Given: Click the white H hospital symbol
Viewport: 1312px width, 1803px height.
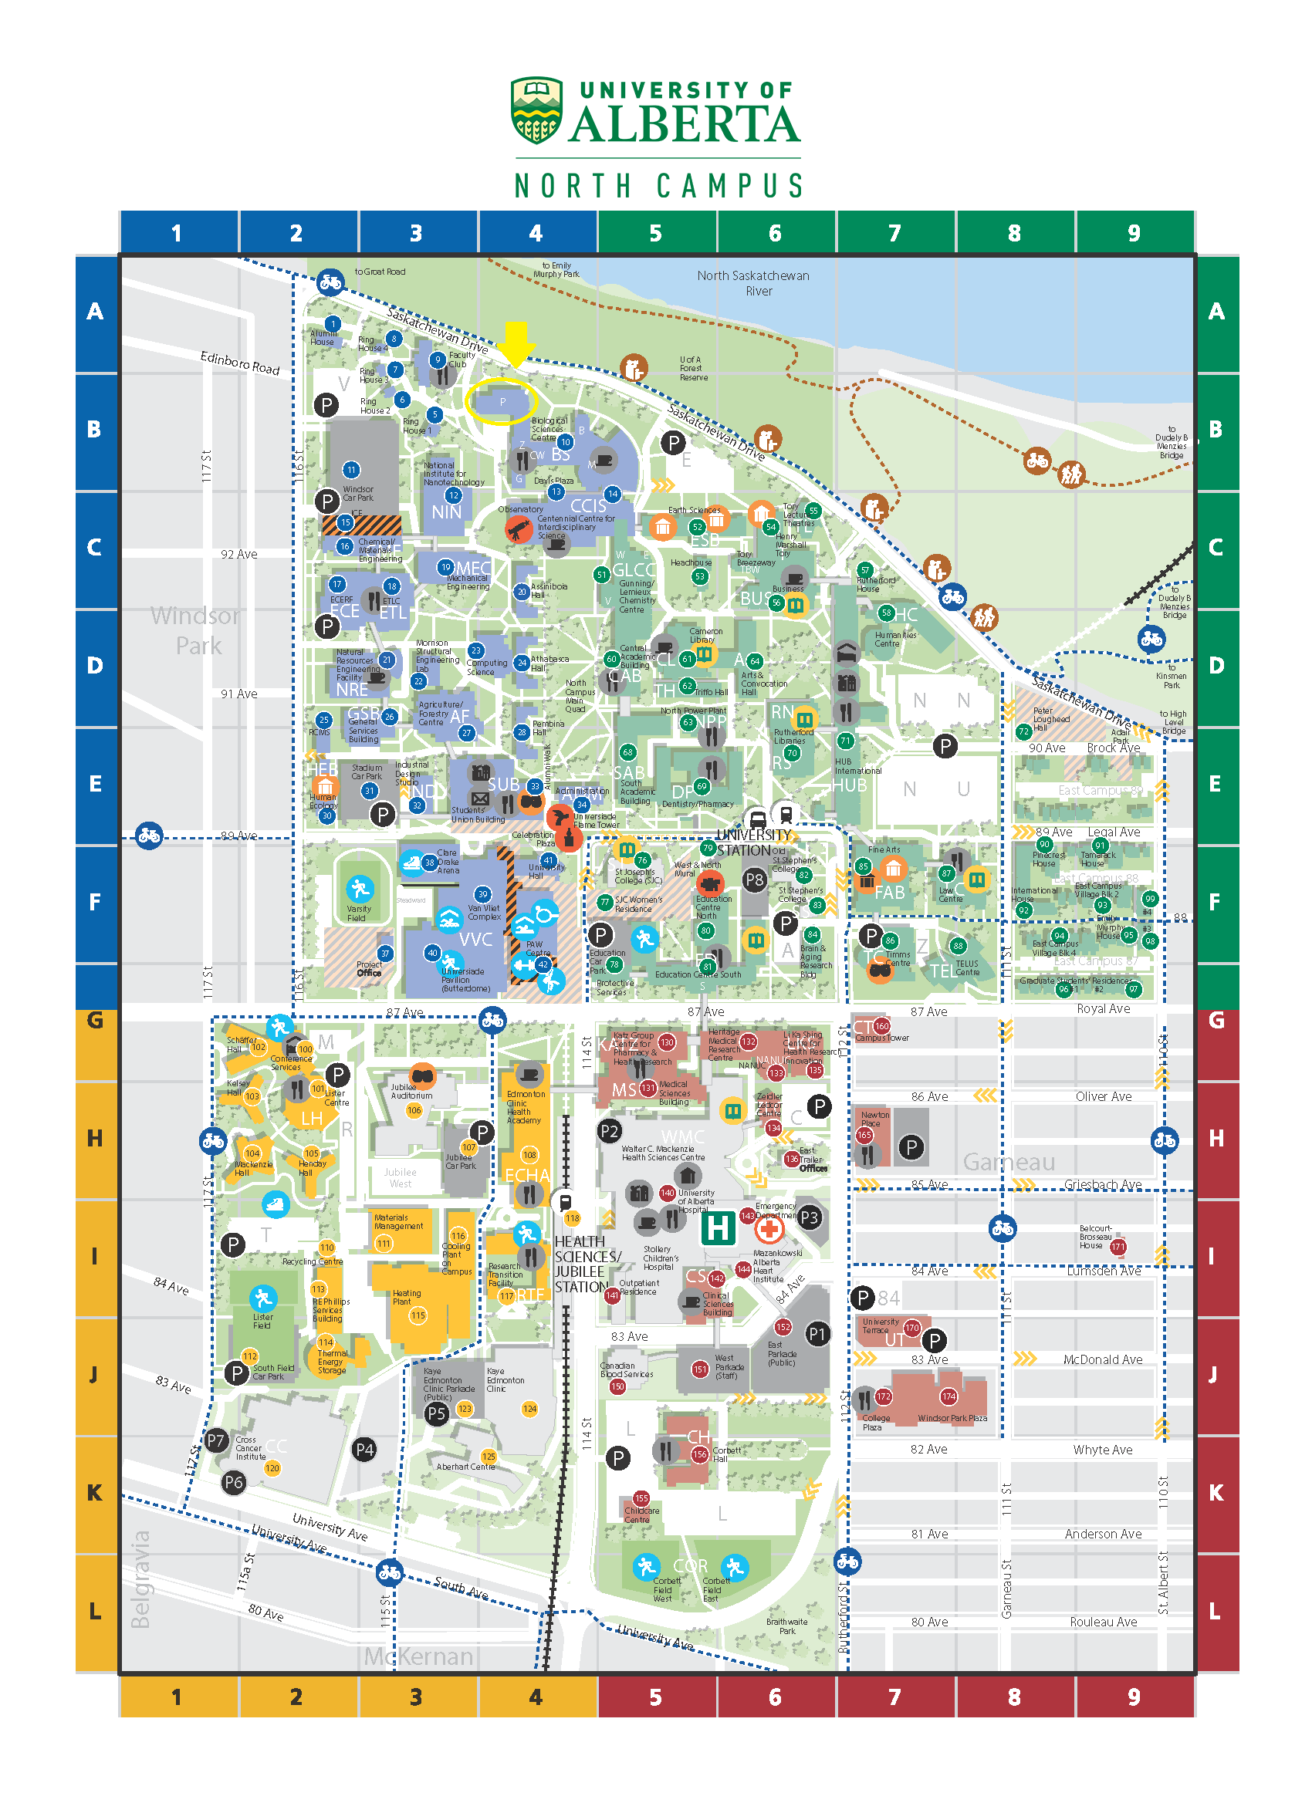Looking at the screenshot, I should (717, 1227).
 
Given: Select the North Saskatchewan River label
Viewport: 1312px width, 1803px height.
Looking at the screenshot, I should (753, 283).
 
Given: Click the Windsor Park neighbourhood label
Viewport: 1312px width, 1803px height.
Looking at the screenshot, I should (195, 630).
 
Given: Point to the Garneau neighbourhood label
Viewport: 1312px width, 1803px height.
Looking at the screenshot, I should (1008, 1161).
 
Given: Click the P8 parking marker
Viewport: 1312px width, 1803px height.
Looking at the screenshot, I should (754, 880).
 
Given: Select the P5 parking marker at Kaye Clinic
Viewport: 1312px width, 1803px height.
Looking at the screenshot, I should (436, 1413).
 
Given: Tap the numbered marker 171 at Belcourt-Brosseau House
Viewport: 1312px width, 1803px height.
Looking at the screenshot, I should (1118, 1247).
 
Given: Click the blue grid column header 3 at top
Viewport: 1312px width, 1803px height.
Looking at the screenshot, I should (416, 233).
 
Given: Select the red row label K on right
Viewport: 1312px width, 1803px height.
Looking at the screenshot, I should (1216, 1493).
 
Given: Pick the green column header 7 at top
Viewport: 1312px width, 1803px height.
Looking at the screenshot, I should (894, 233).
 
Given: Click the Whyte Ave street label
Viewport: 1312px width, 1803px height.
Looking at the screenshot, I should (1102, 1449).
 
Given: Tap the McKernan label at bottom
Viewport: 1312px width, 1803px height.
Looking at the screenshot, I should (418, 1656).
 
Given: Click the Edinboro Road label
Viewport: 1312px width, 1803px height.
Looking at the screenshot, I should (239, 363).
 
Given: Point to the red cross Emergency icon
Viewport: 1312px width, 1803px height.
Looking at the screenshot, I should (768, 1229).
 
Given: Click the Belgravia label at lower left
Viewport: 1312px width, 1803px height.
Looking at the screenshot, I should (140, 1578).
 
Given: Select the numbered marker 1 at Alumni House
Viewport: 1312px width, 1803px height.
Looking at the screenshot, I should (333, 323).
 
